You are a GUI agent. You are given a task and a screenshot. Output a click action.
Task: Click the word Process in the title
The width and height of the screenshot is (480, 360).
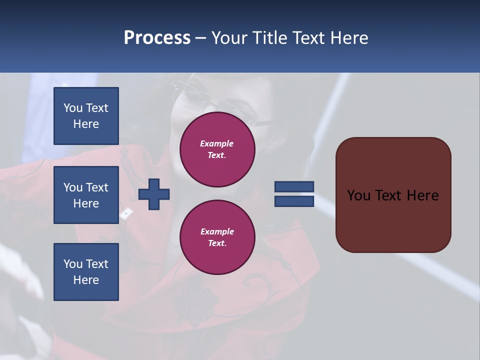coord(157,38)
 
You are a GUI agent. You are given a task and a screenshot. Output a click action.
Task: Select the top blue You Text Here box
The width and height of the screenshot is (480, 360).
coord(86,116)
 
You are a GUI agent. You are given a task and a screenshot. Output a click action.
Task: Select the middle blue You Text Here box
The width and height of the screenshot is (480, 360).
coord(86,195)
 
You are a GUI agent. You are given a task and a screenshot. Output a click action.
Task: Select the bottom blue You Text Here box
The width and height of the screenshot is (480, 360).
coord(86,271)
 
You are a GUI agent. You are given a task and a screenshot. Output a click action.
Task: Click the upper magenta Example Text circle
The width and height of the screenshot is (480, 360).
coord(217,149)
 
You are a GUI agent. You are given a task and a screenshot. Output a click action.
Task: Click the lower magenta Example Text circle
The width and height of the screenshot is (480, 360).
coord(217,237)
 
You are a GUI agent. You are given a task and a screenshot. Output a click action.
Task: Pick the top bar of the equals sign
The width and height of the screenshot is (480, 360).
coord(294,186)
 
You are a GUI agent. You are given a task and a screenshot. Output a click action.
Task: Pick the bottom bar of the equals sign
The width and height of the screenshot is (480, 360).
coord(294,201)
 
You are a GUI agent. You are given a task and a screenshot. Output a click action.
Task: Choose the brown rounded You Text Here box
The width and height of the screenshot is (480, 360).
coord(393,195)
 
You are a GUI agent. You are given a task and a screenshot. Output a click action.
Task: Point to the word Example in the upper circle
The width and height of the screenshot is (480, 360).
coord(217,143)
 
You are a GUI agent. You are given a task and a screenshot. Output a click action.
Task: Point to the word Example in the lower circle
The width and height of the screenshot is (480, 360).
coord(217,231)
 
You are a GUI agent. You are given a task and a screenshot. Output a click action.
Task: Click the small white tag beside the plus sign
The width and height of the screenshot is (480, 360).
coord(126,214)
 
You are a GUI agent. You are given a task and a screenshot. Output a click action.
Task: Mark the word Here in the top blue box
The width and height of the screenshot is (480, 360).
coord(86,124)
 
